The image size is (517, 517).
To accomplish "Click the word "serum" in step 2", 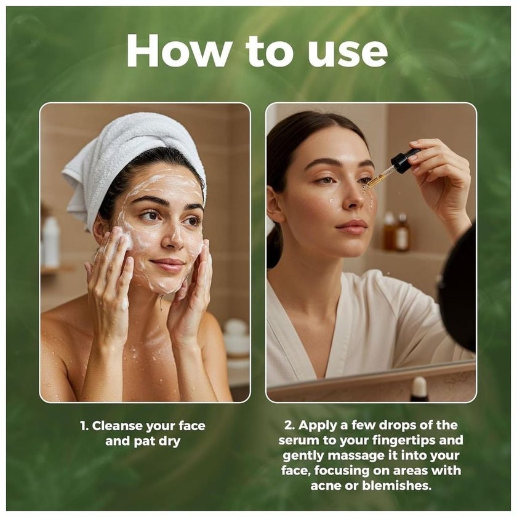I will tap(299, 441).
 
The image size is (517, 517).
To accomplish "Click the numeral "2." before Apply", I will tap(290, 425).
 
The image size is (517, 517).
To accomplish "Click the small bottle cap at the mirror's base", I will tap(419, 388).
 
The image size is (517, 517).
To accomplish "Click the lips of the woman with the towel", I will tap(168, 265).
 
